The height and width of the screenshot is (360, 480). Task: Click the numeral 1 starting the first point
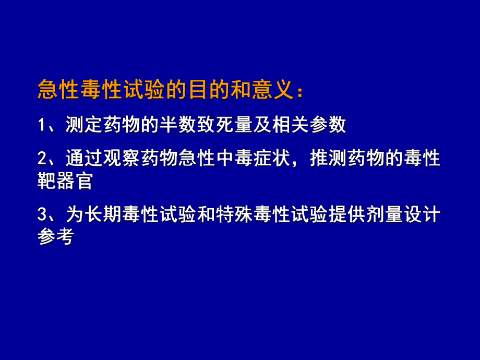[x=42, y=126]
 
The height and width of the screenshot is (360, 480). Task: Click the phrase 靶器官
[x=64, y=181]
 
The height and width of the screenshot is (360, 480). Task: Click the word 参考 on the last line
[x=55, y=237]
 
